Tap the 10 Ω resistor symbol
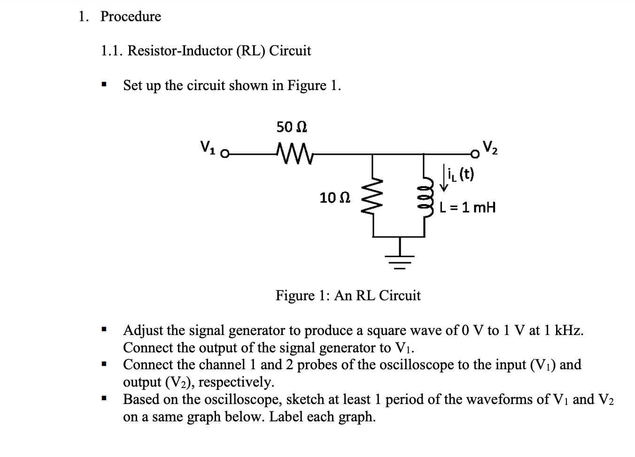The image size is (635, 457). (x=373, y=197)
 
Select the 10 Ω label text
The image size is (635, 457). (x=334, y=198)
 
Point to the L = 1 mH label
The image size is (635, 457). (x=468, y=207)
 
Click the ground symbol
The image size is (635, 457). (x=400, y=259)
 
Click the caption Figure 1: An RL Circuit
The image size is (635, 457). (x=348, y=296)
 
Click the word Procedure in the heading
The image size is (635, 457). (x=131, y=16)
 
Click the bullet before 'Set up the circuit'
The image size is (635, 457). (x=104, y=86)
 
